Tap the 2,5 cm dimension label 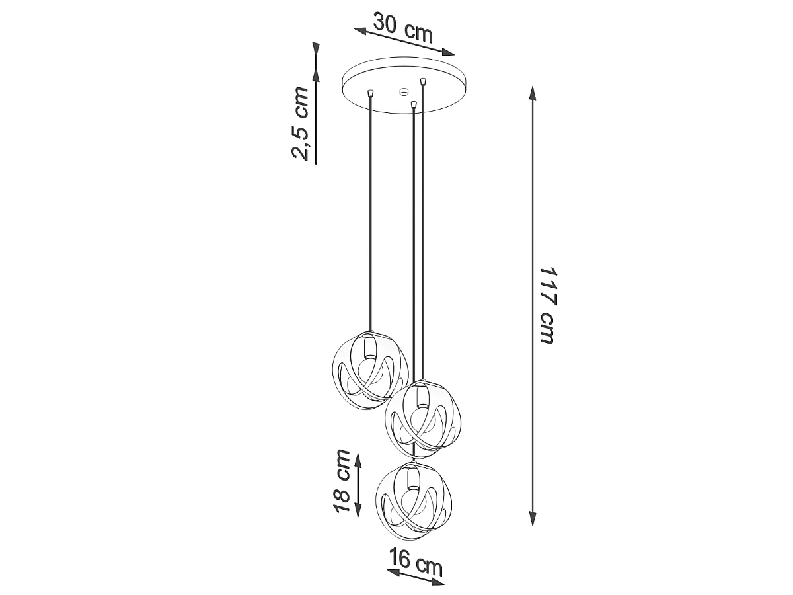coord(301,123)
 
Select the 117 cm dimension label coord(547,305)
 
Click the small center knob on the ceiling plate coord(404,91)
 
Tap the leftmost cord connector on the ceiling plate coord(370,94)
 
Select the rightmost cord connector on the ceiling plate coord(423,81)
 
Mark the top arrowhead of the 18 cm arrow coord(358,460)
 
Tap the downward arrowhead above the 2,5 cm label coord(316,50)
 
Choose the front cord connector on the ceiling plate coord(414,105)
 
